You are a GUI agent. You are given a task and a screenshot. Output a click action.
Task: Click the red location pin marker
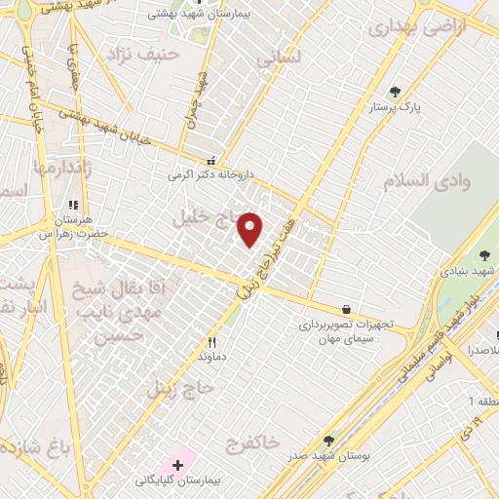tap(251, 229)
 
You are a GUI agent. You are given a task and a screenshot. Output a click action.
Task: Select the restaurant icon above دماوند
tap(211, 342)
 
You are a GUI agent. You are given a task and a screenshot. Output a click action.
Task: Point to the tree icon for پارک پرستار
tap(394, 93)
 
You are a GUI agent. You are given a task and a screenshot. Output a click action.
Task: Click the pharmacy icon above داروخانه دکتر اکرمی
tap(211, 161)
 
